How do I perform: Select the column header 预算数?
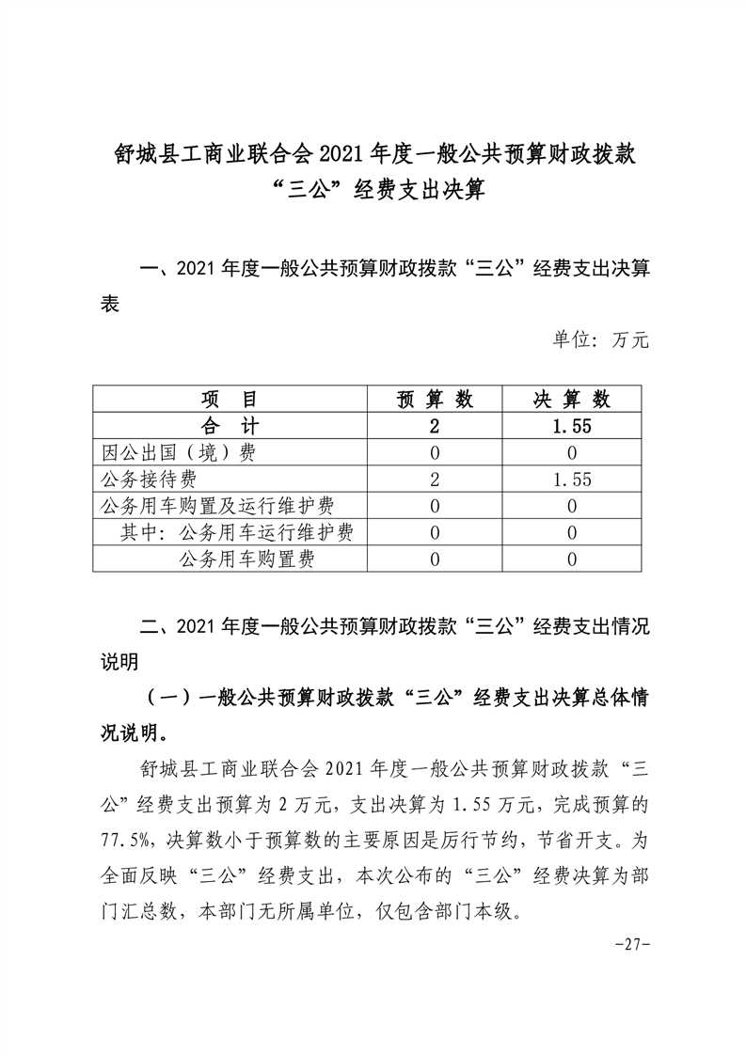436,399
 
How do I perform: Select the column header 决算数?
572,399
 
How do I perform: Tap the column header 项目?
230,399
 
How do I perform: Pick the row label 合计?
230,426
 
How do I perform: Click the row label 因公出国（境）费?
179,452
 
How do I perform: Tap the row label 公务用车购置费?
246,560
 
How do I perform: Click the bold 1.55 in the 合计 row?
572,426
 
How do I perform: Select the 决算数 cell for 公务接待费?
572,480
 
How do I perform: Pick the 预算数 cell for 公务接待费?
436,480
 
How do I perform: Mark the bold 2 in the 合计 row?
436,426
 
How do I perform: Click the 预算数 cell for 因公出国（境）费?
436,452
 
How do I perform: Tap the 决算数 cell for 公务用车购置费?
572,560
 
